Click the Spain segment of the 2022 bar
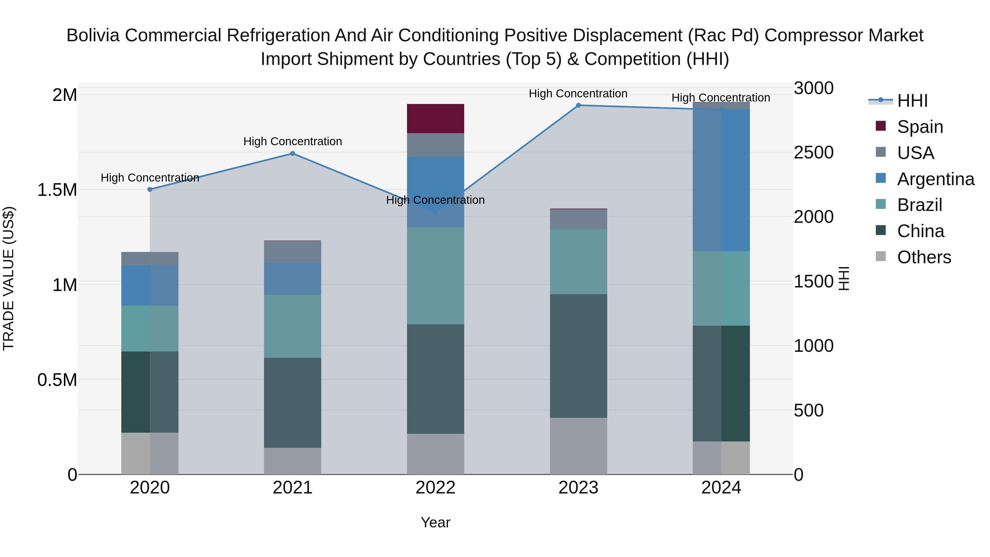435,118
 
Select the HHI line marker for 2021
293,153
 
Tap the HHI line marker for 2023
578,105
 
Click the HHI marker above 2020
150,190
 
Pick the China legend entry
920,231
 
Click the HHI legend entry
912,101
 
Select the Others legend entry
923,257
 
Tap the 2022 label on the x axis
435,488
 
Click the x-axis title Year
435,522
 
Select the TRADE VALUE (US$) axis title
9,278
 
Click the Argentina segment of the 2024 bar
721,180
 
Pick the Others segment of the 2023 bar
578,446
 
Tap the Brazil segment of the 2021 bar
293,326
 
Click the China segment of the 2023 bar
578,356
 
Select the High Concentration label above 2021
293,141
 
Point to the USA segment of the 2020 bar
150,259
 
